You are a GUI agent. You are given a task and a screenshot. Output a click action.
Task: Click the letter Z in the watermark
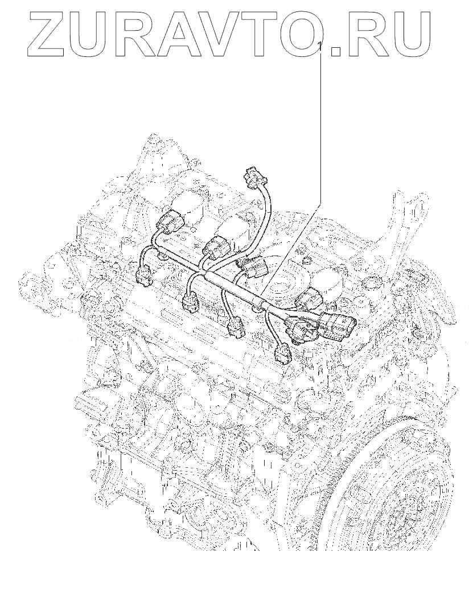(48, 34)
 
